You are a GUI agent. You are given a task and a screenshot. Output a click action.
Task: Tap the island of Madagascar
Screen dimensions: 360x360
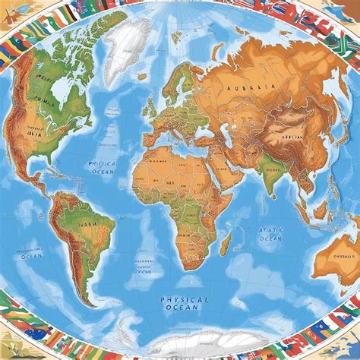(x=225, y=243)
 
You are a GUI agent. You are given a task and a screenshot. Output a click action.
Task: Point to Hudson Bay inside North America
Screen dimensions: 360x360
(x=59, y=91)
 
